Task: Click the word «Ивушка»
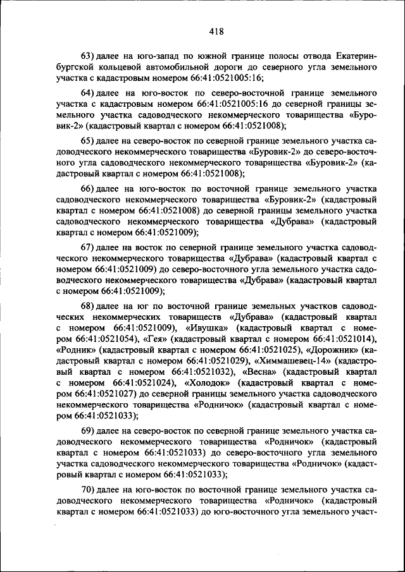click(209, 329)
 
